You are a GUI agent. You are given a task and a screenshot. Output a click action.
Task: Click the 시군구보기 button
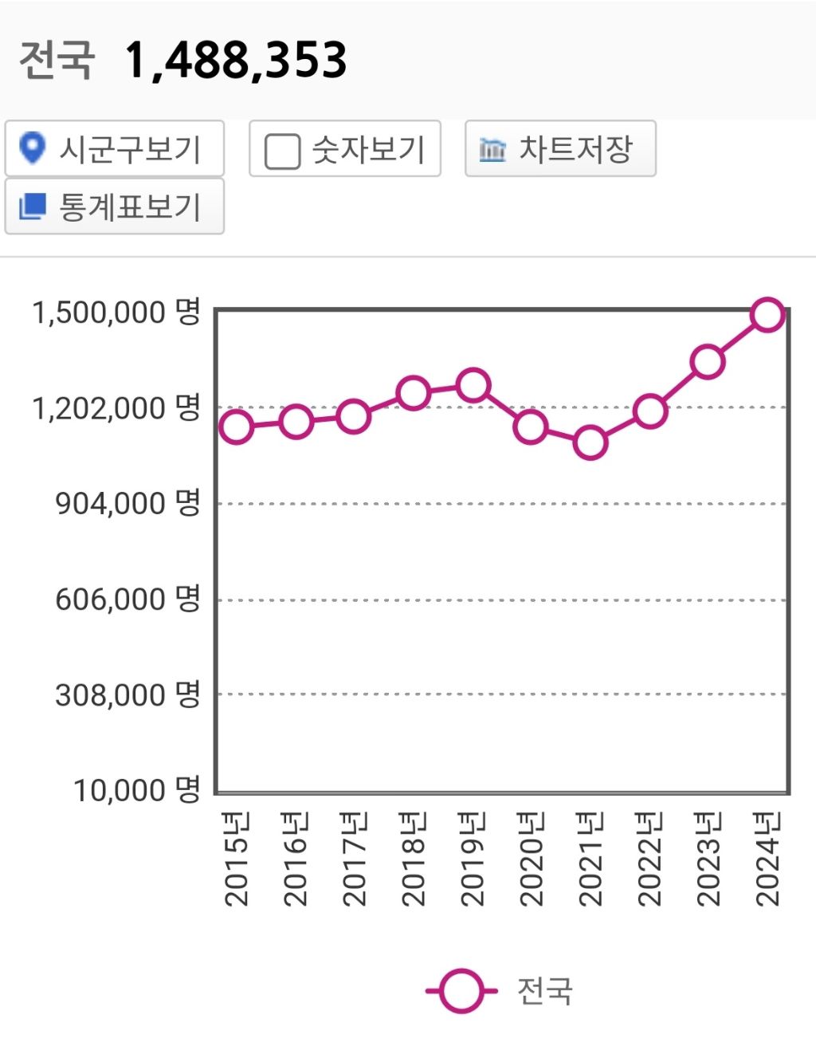pos(114,149)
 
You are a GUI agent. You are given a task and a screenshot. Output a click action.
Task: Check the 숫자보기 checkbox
pos(282,151)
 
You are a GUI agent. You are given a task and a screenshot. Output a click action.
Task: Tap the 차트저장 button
pos(560,149)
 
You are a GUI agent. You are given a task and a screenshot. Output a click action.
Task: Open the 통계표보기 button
pos(114,206)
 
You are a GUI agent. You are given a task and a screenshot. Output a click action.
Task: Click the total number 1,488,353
pos(236,61)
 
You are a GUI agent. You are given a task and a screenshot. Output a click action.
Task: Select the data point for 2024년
pos(767,315)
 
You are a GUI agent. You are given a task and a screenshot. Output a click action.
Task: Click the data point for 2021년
pos(590,442)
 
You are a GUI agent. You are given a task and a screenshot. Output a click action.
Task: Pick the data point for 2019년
pos(473,386)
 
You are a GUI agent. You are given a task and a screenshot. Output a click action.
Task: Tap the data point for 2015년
pos(237,427)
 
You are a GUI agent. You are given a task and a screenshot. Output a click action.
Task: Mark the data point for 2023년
pos(708,362)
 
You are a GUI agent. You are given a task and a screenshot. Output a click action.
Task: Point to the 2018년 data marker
pos(414,392)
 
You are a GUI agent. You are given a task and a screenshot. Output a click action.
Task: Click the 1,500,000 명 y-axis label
pos(116,312)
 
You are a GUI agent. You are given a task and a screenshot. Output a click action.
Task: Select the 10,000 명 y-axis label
pos(136,790)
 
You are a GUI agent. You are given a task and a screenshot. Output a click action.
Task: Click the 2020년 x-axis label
pos(531,859)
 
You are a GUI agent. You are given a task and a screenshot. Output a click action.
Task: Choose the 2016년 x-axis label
pos(295,859)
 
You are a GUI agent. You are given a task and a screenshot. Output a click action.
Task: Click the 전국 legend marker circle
pos(461,991)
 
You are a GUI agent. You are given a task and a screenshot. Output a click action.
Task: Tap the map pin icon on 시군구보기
pos(32,148)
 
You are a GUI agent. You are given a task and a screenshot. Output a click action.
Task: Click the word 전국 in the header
pos(57,61)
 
